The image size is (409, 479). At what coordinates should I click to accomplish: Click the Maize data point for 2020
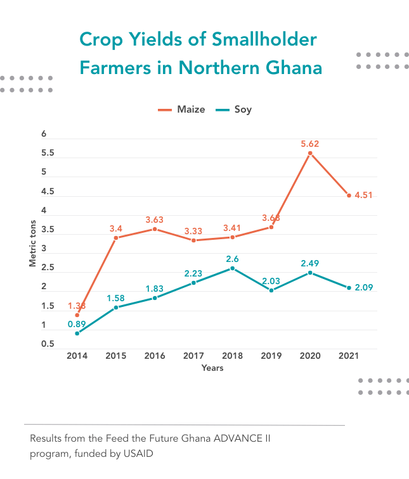coord(310,153)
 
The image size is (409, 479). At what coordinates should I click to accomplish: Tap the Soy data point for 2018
coord(232,268)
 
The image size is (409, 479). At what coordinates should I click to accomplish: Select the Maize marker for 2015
coord(115,238)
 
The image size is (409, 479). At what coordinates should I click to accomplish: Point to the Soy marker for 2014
coord(77,333)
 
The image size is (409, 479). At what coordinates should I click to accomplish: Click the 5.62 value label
coord(310,144)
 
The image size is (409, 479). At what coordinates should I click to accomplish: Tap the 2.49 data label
coord(310,263)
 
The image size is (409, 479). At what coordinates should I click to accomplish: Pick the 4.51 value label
coord(364,196)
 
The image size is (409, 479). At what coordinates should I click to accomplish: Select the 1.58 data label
coord(115,297)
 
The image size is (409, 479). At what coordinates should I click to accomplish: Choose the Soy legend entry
coord(234,109)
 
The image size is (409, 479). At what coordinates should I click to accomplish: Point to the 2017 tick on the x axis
coord(193,356)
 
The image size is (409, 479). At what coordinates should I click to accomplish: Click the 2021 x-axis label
coord(349,356)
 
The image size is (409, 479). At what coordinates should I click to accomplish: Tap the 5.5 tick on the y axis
coord(48,154)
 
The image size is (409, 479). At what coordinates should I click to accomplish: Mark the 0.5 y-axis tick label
coord(48,345)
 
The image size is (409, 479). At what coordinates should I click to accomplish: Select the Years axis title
coord(212,368)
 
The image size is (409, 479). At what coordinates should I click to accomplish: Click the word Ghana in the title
coord(293,67)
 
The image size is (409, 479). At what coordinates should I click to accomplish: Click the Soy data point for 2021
coord(349,288)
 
